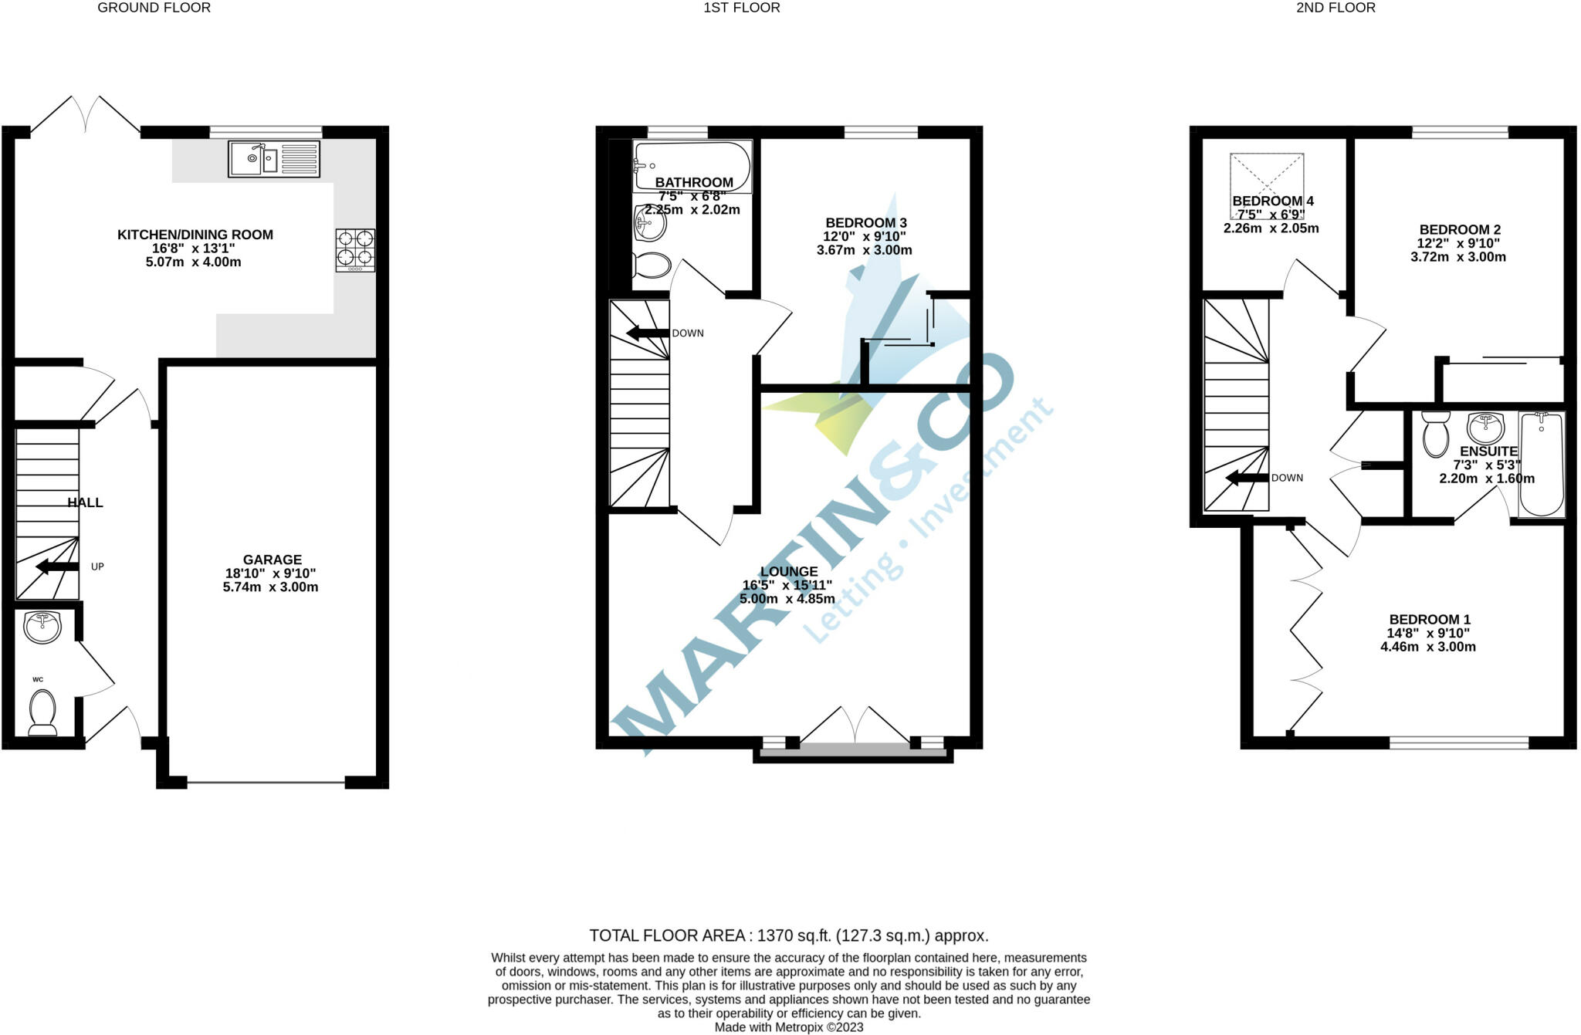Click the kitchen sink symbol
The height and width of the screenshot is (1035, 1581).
coord(274,159)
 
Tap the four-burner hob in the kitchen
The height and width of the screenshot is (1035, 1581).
coord(355,250)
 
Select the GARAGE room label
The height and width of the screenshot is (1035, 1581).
coord(273,560)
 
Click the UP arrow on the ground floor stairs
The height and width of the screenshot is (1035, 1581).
coord(57,567)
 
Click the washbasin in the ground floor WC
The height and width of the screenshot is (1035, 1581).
coord(42,627)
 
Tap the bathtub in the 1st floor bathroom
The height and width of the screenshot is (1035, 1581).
coord(692,166)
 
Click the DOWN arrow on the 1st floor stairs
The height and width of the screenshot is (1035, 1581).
coord(647,333)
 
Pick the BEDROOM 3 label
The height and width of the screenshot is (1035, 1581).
coord(866,223)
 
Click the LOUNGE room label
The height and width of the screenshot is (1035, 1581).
coord(789,572)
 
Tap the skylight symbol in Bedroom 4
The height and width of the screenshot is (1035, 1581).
coord(1267,186)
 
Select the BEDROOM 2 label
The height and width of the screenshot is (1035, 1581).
coord(1460,229)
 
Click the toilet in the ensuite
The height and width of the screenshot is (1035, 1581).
coord(1436,433)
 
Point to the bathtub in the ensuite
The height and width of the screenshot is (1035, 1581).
coord(1542,464)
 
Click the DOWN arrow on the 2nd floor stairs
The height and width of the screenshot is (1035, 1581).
coord(1247,478)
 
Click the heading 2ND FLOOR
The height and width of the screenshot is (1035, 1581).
coord(1336,8)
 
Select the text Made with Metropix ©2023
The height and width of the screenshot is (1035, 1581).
coord(789,1027)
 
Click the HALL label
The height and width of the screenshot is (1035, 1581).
coord(85,502)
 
